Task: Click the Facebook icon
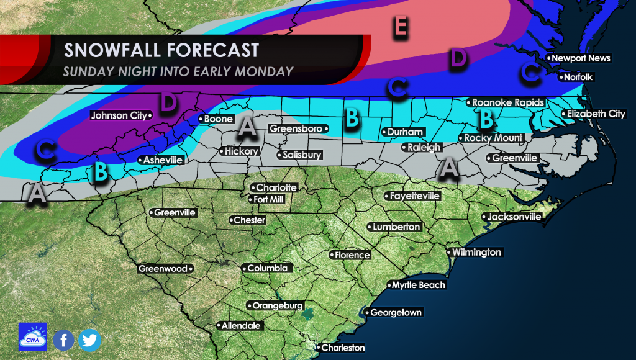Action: point(63,340)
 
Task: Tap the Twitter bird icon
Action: point(89,340)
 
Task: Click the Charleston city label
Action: point(342,348)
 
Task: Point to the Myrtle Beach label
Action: point(419,285)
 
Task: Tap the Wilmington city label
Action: point(476,253)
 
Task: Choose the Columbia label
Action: point(266,268)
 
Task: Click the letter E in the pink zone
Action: point(401,27)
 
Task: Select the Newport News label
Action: point(581,58)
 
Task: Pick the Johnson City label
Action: point(119,115)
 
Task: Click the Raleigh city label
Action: point(424,148)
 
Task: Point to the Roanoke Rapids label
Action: point(507,102)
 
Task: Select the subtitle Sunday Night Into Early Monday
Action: point(178,71)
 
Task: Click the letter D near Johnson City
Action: point(167,104)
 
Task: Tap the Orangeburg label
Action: point(277,305)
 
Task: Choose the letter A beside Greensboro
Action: point(247,127)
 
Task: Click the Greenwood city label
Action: point(163,269)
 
